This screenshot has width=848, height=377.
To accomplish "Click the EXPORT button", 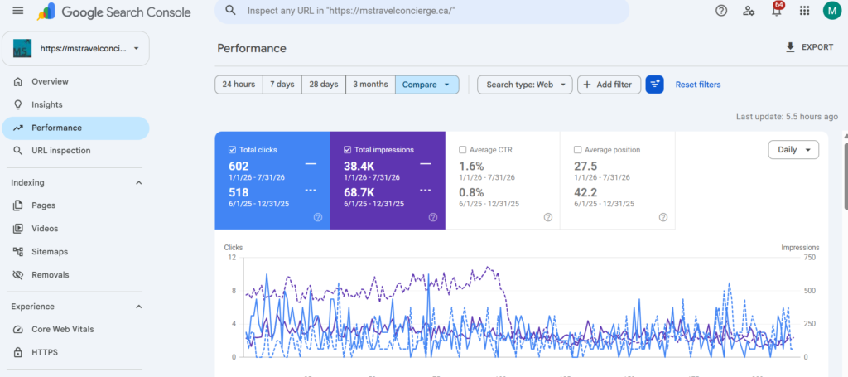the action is pos(809,47).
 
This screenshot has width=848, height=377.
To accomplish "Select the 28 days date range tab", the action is pos(324,85).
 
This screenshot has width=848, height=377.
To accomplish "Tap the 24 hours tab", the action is pos(238,85).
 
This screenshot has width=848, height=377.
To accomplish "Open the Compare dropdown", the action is pos(426,85).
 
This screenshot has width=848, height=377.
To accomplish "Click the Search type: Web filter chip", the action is pos(524,85).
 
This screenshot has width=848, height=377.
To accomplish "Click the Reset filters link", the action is pos(697,85).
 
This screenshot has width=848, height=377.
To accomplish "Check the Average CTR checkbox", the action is pos(462,150).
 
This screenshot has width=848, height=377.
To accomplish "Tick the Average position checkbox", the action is pos(577,150).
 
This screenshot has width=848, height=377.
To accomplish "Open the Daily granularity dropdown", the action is pos(793,150).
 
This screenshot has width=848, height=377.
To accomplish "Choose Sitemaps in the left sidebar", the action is pos(50,252).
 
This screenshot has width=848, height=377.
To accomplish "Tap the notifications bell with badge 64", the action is pos(777,10).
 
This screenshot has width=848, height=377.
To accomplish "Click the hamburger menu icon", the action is pos(18,11).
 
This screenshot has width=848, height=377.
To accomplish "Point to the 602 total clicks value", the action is pos(238,167).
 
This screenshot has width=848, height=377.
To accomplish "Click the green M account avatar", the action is pos(831,10).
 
